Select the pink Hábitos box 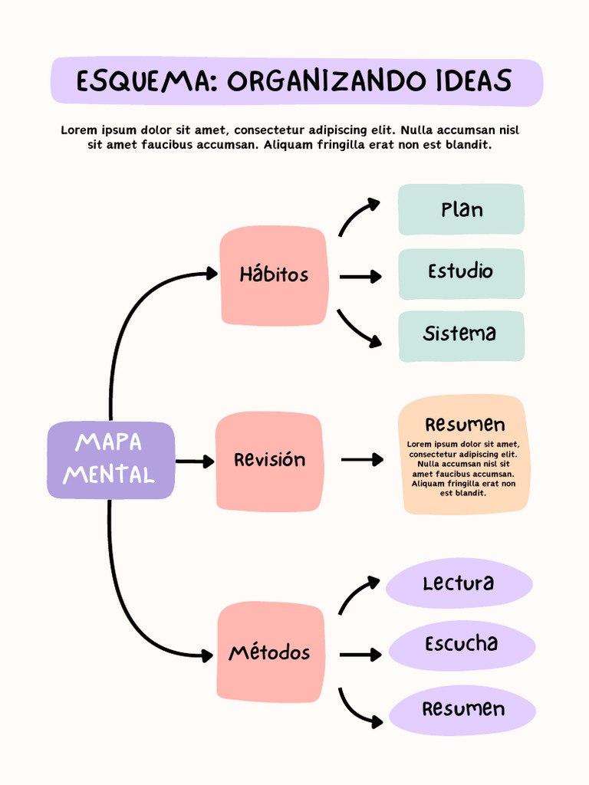(x=274, y=275)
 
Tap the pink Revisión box (x=269, y=461)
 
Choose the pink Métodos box (x=269, y=653)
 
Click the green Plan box (x=461, y=209)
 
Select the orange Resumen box (x=463, y=455)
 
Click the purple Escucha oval (x=462, y=645)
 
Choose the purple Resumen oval (x=462, y=710)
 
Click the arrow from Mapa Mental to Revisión (x=194, y=461)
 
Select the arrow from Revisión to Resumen (x=361, y=460)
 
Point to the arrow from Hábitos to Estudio (x=360, y=277)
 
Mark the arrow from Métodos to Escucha (x=360, y=655)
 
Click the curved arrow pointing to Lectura (x=356, y=594)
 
